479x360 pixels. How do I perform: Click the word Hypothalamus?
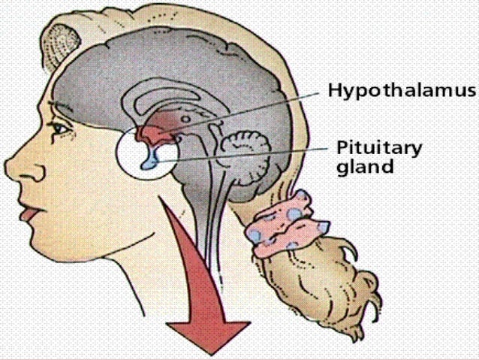point(402,91)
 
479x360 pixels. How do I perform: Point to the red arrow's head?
point(208,334)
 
